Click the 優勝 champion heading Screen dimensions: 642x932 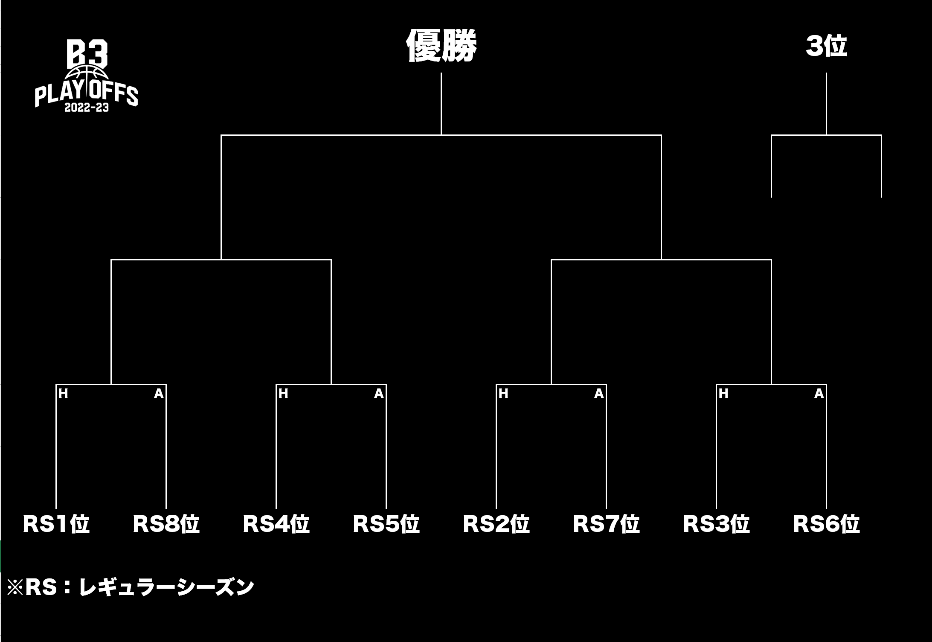click(x=441, y=46)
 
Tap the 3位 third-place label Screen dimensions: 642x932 click(x=826, y=46)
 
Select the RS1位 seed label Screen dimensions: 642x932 click(x=56, y=524)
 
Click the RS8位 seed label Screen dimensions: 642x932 click(x=166, y=524)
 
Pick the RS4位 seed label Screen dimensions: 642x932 click(x=276, y=524)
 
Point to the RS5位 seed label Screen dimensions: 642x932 click(x=386, y=524)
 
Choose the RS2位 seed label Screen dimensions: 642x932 click(x=496, y=524)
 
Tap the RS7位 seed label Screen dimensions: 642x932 click(x=606, y=524)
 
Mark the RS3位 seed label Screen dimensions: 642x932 click(x=716, y=524)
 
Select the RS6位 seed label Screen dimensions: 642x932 click(x=826, y=524)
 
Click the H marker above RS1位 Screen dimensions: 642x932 click(x=63, y=394)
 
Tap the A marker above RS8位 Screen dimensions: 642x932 click(x=159, y=394)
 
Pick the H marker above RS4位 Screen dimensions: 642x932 click(x=283, y=394)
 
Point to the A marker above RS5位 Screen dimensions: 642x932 click(x=379, y=394)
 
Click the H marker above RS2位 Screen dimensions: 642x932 click(x=503, y=394)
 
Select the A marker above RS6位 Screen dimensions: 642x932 click(x=819, y=394)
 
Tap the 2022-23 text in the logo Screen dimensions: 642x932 click(x=87, y=108)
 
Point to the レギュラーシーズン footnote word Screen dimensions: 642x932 click(x=166, y=587)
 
